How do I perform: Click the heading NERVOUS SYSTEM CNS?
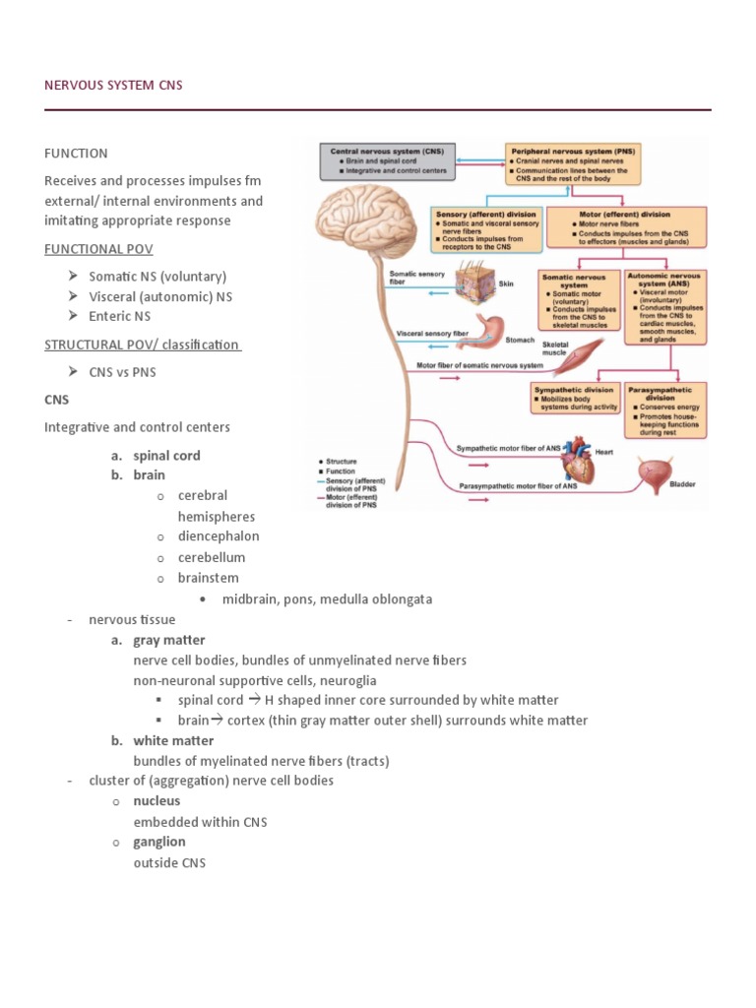(113, 86)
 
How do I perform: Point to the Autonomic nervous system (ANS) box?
(665, 304)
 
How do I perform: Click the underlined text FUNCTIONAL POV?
(98, 249)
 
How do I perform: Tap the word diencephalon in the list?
(219, 536)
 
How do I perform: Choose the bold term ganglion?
(159, 842)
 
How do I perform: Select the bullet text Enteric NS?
(119, 316)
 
